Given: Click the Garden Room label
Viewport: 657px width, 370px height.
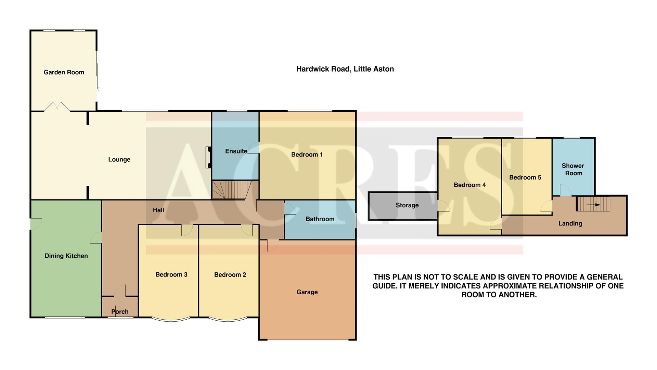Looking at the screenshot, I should [x=64, y=72].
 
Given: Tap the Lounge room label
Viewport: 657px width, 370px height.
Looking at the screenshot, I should [x=119, y=159].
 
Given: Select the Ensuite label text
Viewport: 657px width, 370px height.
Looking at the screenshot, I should [x=236, y=151].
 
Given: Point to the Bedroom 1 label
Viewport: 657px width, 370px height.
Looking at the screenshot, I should [x=307, y=155].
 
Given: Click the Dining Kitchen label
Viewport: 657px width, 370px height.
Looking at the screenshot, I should [x=66, y=256].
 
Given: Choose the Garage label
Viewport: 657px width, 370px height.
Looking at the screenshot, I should [x=307, y=292].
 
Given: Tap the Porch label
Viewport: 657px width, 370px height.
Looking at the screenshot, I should [x=120, y=312].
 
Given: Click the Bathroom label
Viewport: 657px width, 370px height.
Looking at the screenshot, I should [x=320, y=219].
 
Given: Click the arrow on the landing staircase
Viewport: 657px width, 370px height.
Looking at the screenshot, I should [x=595, y=205].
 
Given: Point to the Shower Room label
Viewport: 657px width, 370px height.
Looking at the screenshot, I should [x=573, y=170].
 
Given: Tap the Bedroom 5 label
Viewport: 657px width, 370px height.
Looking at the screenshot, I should [x=525, y=177].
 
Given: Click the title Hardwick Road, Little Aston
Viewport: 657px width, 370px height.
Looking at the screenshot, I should [x=345, y=69].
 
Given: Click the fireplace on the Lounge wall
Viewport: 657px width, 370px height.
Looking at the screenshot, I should [x=208, y=158].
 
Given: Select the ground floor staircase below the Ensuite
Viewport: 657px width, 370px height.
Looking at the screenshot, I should [x=229, y=190].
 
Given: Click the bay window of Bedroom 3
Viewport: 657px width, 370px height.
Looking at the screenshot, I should [x=170, y=320].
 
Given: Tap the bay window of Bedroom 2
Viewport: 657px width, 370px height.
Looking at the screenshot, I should [x=228, y=320].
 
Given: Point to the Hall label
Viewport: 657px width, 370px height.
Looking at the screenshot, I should [x=158, y=210].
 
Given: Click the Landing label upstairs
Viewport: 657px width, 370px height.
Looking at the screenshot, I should [x=570, y=224].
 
